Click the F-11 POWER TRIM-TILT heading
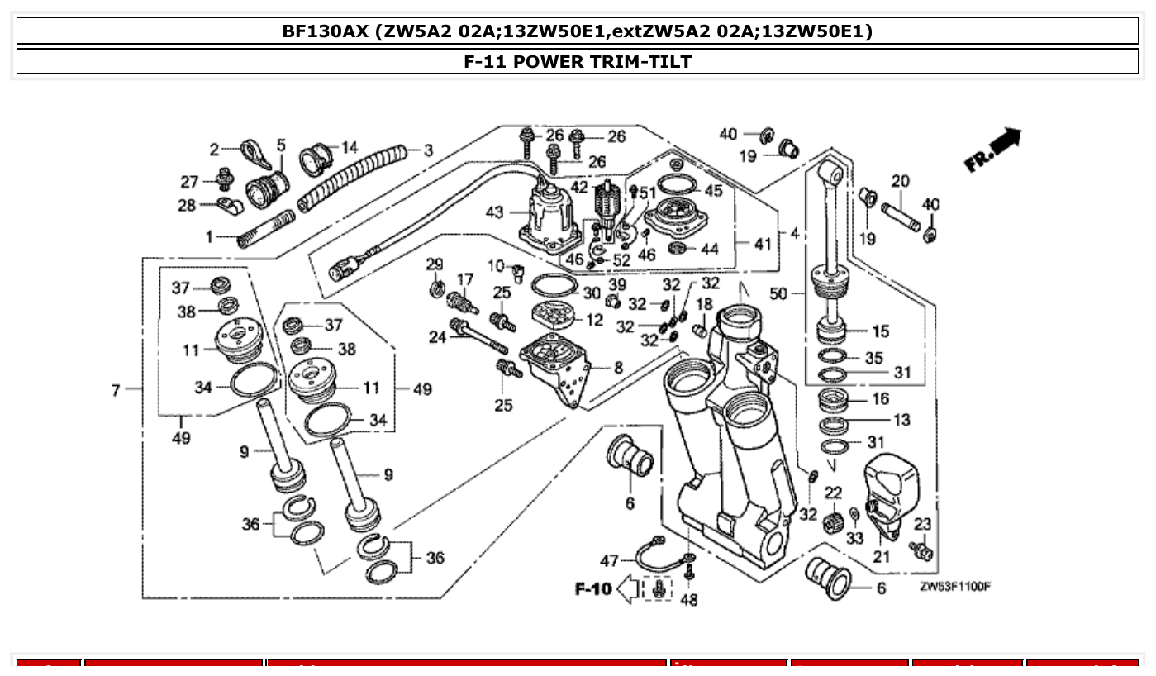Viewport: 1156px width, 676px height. (578, 61)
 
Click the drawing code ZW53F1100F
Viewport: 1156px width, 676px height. (955, 587)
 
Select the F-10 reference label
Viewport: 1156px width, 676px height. (593, 588)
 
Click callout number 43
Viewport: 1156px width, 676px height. (494, 212)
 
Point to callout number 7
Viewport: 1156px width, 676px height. (117, 389)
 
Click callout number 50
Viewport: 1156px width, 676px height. (778, 293)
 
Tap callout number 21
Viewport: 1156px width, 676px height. (882, 556)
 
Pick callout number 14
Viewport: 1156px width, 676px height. (350, 147)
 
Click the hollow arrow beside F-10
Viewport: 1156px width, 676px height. (629, 589)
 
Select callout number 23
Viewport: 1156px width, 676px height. (922, 523)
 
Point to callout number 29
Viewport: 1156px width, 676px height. (435, 264)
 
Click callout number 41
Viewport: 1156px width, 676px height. (761, 244)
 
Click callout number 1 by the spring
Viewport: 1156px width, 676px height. (210, 237)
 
